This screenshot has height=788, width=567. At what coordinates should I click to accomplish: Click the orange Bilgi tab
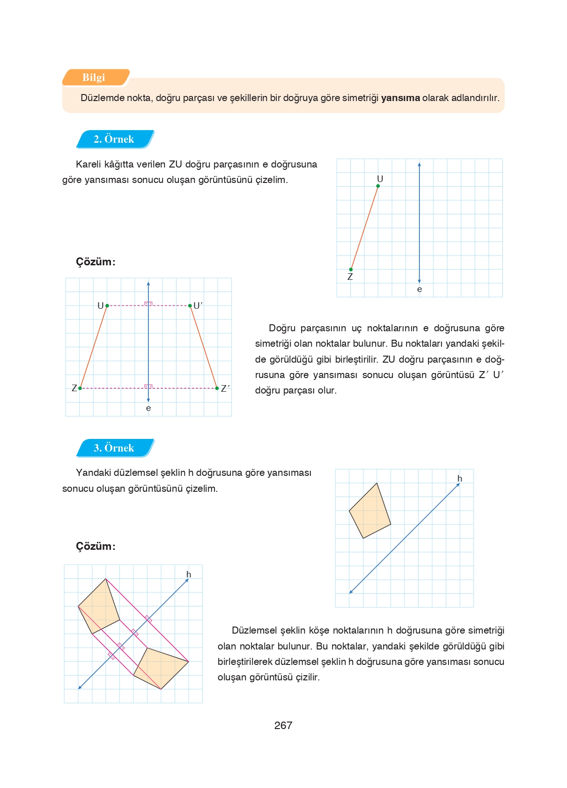click(94, 78)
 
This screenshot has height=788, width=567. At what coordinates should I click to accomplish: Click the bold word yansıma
click(400, 98)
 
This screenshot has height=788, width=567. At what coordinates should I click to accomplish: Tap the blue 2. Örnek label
click(114, 139)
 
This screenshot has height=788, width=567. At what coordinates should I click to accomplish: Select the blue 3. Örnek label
click(114, 448)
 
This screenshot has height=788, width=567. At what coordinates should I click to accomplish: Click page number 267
click(283, 725)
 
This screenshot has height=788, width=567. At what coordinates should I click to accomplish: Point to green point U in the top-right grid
click(378, 186)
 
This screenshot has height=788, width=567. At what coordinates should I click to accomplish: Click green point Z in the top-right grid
click(351, 270)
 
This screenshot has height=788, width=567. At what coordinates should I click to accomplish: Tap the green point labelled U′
click(190, 306)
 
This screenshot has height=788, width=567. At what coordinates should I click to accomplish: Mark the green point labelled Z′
click(217, 388)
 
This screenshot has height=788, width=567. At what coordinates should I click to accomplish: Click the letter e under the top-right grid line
click(420, 290)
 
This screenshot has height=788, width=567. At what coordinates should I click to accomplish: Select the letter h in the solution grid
click(189, 575)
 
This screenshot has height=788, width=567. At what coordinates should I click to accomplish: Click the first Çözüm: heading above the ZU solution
click(96, 262)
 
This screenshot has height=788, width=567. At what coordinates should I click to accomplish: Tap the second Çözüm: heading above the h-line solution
click(96, 546)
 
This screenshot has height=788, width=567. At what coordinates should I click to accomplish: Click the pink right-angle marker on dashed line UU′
click(148, 304)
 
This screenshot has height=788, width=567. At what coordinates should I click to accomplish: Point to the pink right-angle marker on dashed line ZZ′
click(148, 387)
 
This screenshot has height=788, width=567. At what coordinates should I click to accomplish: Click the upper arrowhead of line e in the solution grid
click(148, 284)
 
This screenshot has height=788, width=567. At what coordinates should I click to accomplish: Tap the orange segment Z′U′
click(204, 347)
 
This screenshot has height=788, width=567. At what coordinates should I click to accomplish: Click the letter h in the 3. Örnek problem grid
click(460, 479)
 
